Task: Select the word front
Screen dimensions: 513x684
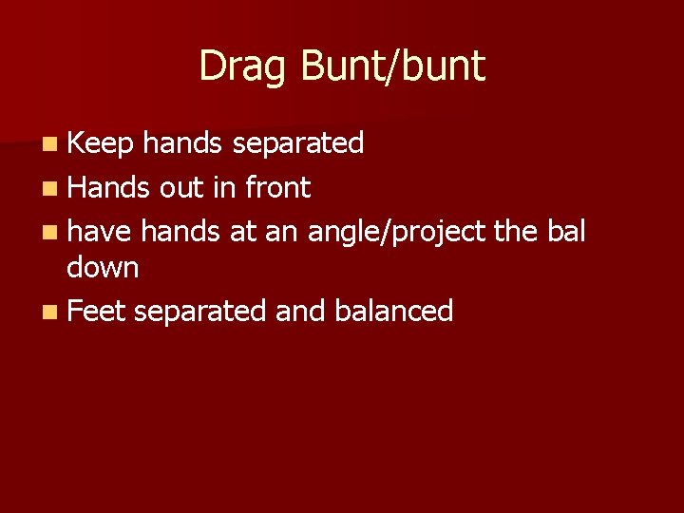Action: (x=277, y=188)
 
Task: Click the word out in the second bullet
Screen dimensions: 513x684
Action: (x=180, y=188)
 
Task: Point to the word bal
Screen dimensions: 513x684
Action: (x=568, y=231)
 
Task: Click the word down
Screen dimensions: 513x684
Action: (x=103, y=268)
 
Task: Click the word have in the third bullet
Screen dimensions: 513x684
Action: (x=100, y=231)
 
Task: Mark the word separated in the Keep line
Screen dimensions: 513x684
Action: (x=297, y=143)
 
